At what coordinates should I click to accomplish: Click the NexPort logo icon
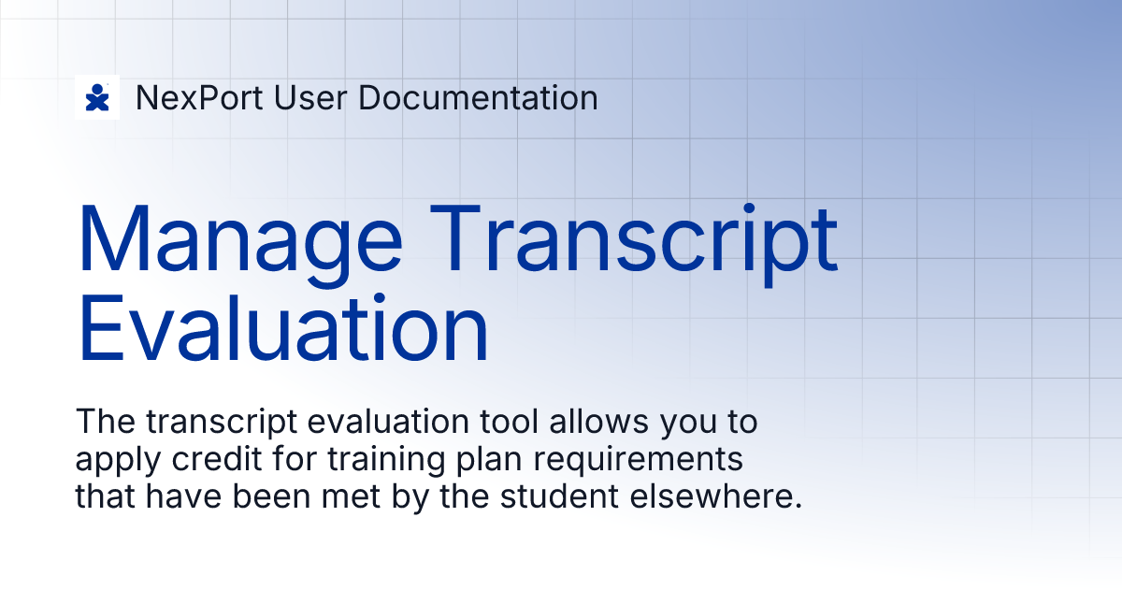click(97, 97)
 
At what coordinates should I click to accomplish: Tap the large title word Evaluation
click(283, 327)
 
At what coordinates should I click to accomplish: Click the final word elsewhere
click(714, 497)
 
